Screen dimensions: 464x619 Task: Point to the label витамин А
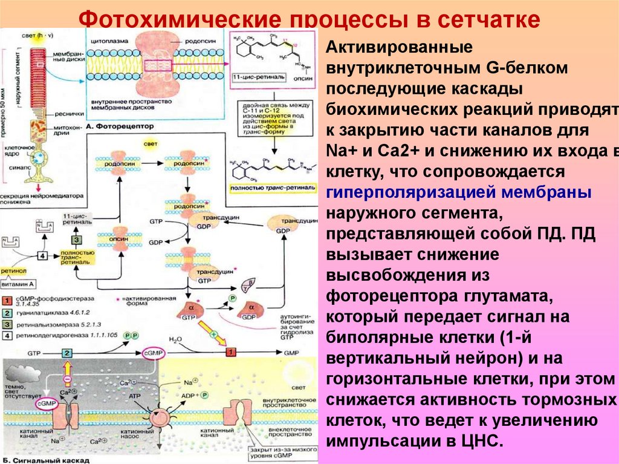(18, 284)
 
